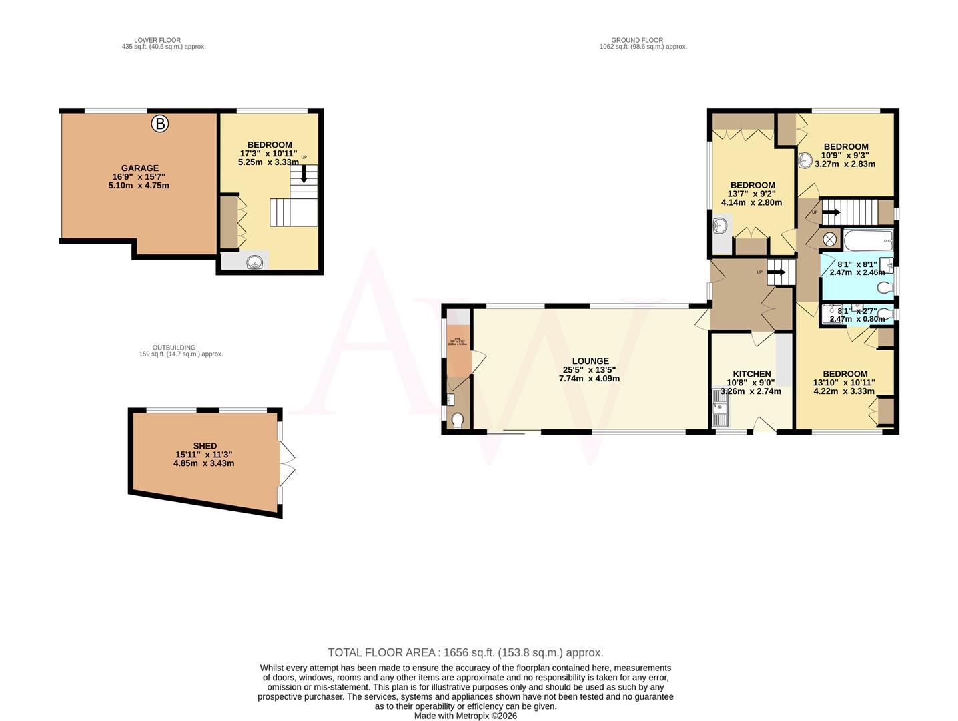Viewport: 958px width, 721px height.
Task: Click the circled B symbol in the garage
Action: click(x=159, y=124)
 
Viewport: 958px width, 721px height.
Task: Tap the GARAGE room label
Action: click(x=139, y=168)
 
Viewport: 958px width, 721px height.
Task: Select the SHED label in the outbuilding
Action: click(x=205, y=446)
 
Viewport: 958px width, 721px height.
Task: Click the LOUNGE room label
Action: click(x=590, y=361)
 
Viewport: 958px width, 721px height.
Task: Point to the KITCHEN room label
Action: click(x=752, y=374)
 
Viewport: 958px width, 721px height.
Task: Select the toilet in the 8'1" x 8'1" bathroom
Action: click(x=885, y=288)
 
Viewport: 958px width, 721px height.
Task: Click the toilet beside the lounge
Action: click(x=458, y=421)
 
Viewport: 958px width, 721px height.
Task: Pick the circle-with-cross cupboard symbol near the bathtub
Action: click(x=831, y=238)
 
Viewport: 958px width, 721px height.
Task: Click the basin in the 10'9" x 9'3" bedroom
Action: click(x=806, y=160)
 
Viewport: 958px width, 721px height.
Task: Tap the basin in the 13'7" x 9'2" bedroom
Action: click(x=720, y=226)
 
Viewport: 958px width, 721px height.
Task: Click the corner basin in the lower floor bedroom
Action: click(x=255, y=262)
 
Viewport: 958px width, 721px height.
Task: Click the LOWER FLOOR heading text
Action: click(x=157, y=40)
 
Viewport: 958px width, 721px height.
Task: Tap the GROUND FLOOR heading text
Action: click(x=637, y=40)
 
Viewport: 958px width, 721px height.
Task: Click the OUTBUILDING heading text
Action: click(x=174, y=348)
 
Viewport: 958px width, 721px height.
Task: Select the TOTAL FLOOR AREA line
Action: click(x=465, y=652)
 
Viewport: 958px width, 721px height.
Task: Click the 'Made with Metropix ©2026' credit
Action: click(x=465, y=716)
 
